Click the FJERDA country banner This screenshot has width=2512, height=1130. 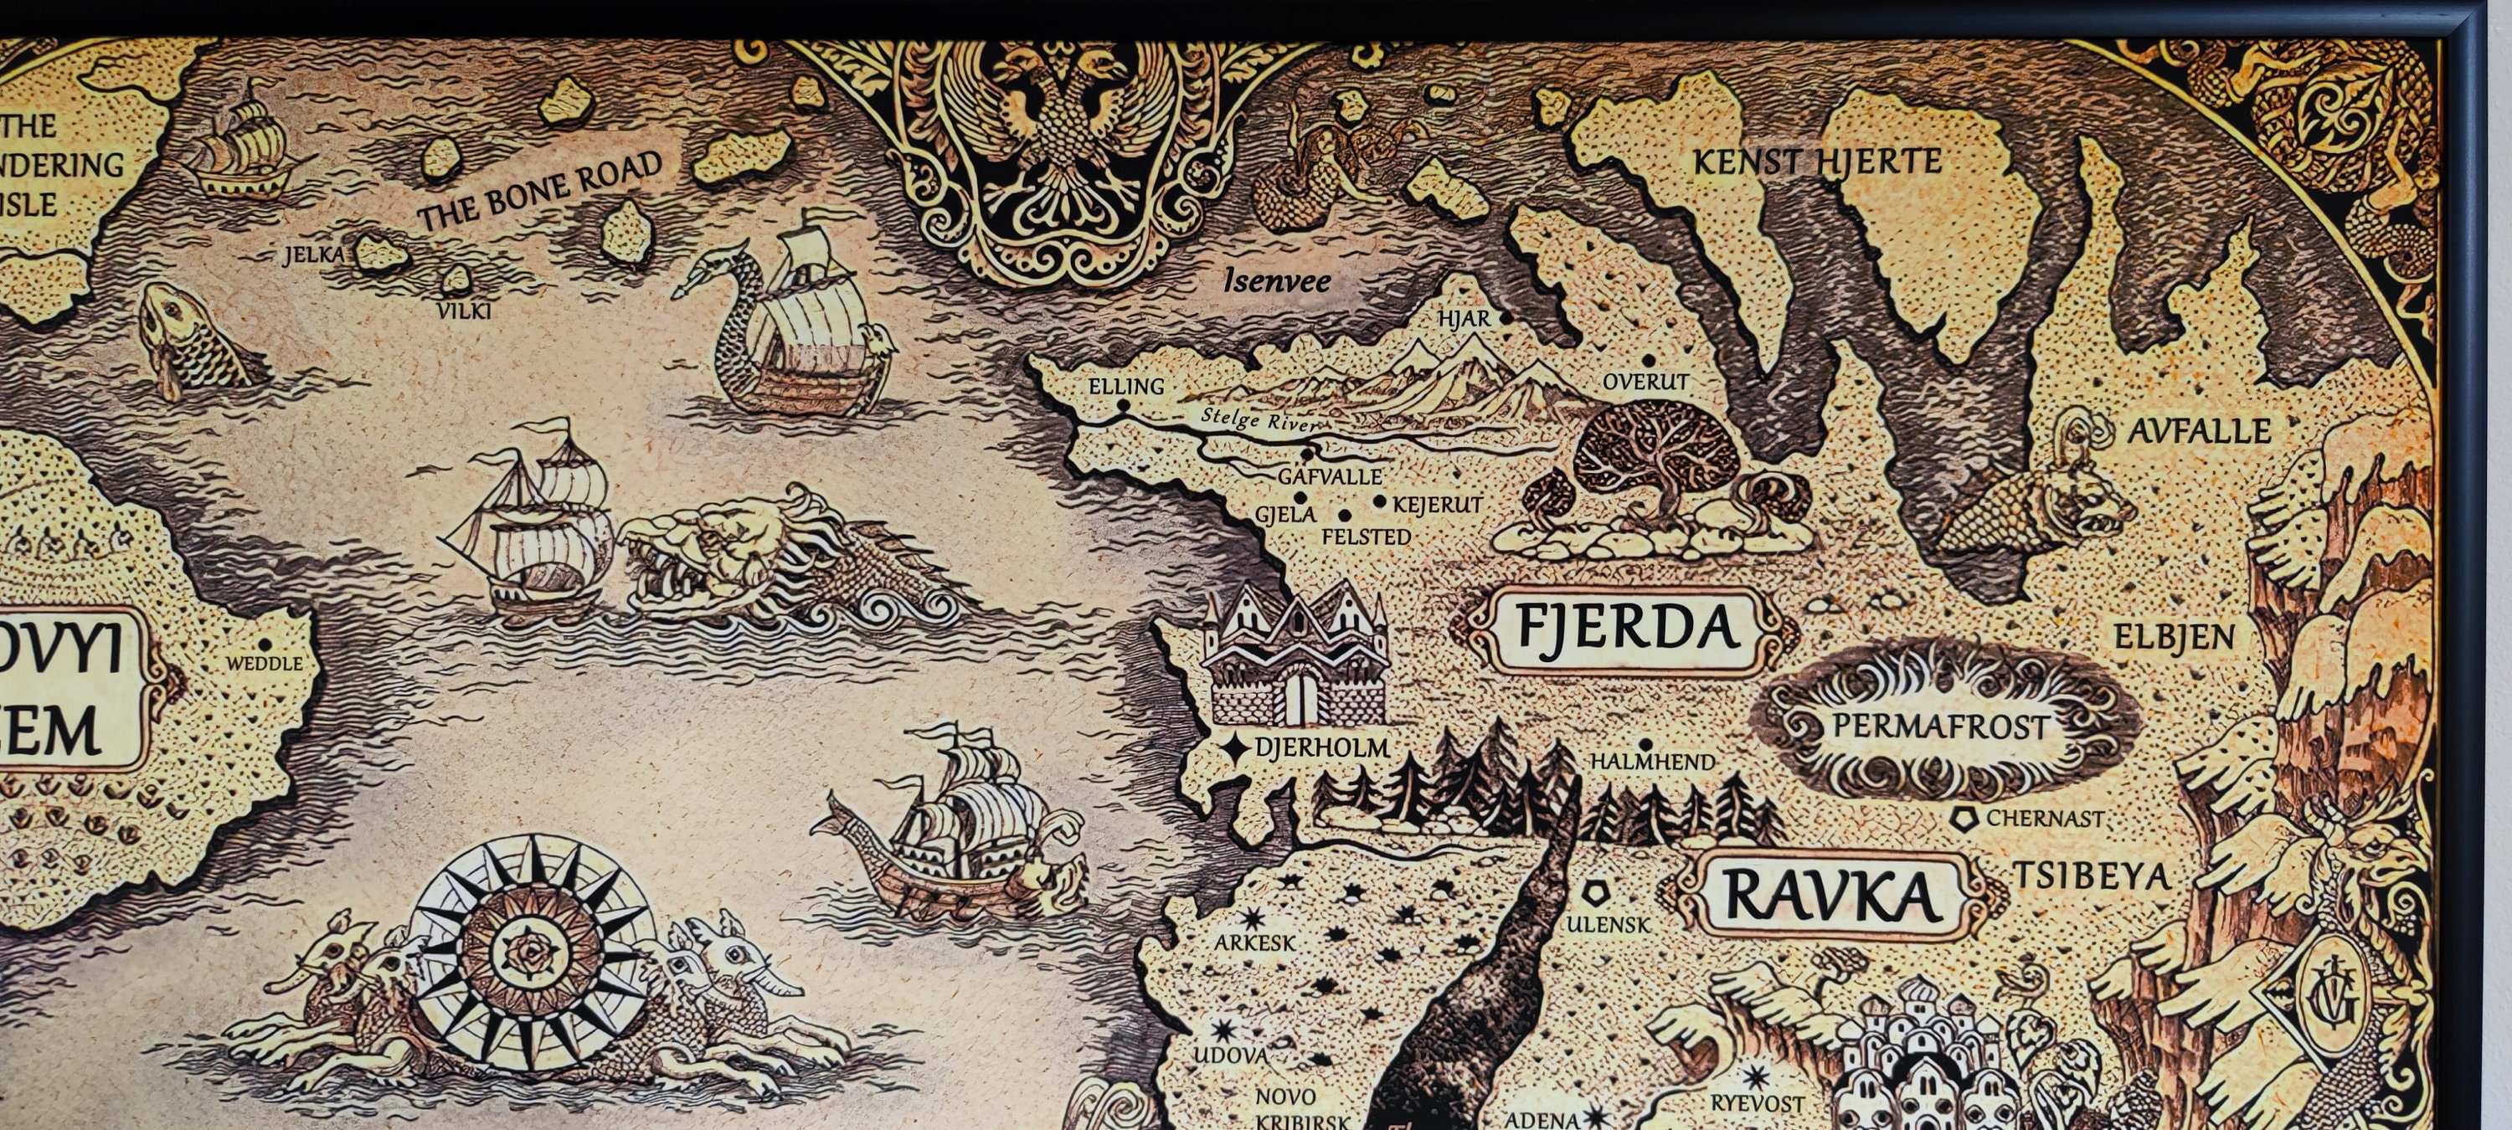tap(1628, 629)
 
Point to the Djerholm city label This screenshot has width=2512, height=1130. tap(1321, 747)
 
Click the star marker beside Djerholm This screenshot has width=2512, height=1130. tap(1236, 747)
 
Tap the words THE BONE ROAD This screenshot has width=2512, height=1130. tap(540, 191)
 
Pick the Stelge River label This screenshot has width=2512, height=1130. tap(1258, 419)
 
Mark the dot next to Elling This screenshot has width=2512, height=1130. tap(1124, 404)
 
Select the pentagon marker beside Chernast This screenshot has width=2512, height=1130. tap(1962, 819)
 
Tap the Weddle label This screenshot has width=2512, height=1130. tap(265, 663)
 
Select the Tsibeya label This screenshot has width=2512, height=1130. tap(2092, 876)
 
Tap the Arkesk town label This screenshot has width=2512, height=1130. tap(1255, 943)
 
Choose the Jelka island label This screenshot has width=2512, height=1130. tap(314, 255)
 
